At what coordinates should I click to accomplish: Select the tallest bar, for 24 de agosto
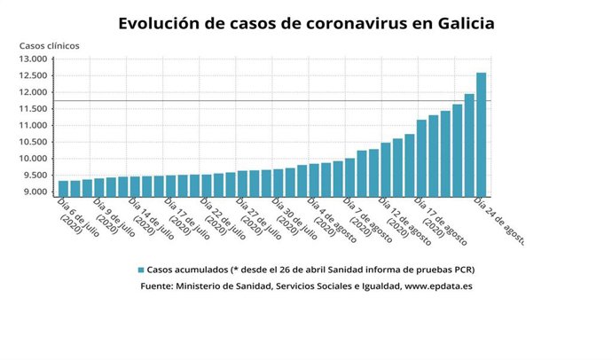[482, 133]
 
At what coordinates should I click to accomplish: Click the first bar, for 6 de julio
[63, 188]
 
